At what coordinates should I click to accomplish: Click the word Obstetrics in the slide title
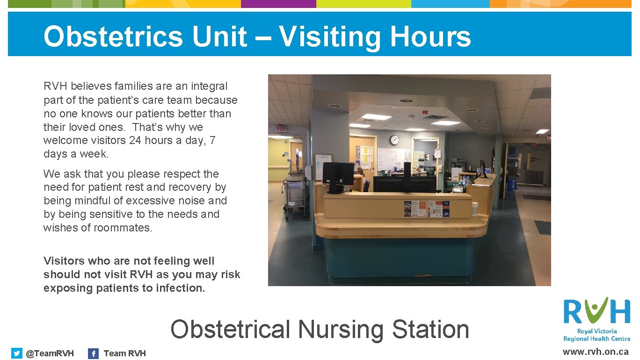point(113,36)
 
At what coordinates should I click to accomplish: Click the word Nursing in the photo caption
point(341,329)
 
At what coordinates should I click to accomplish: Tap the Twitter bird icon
point(17,353)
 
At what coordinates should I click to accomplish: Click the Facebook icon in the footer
point(94,353)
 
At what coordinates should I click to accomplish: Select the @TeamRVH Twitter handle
point(50,353)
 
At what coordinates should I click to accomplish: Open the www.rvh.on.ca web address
point(596,352)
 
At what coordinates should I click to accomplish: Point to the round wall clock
point(394,139)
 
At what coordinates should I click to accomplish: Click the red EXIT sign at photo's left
point(281,128)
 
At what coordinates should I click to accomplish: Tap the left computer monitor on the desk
point(338,175)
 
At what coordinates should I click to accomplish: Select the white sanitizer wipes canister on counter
point(475,209)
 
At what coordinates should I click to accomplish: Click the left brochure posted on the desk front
point(415,209)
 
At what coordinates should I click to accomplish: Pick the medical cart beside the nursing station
point(294,196)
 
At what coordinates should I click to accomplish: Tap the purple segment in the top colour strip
point(278,4)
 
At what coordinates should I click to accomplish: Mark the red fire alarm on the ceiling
point(425,112)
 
